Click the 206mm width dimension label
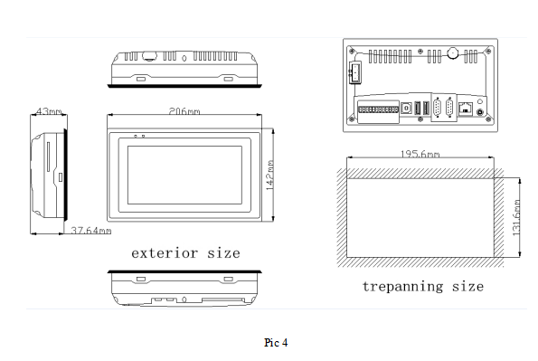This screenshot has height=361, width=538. point(184,111)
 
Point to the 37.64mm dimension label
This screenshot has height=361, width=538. point(90,231)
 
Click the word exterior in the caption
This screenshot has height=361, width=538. point(163,252)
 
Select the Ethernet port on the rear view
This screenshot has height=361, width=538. point(466,108)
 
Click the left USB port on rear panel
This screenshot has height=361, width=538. point(416,108)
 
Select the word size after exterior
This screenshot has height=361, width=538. point(222,252)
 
